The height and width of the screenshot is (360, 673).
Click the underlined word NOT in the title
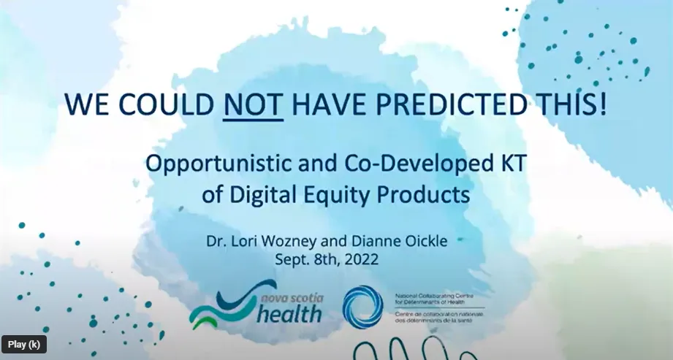tap(252, 107)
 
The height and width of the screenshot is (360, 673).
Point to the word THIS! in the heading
tap(577, 107)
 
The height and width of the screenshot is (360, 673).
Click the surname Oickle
tap(439, 240)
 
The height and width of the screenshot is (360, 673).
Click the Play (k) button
tap(25, 344)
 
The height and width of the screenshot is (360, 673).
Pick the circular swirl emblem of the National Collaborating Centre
tap(362, 305)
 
